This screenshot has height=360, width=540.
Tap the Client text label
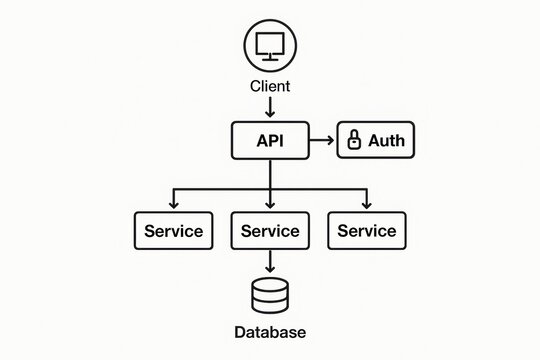click(x=270, y=86)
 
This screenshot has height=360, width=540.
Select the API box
click(x=270, y=141)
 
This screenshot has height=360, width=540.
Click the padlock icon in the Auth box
click(x=353, y=141)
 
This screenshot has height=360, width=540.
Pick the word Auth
click(x=386, y=141)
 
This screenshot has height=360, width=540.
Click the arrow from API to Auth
click(x=320, y=141)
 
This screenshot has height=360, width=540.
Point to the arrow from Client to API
click(x=270, y=106)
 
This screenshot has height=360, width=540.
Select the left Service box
click(x=173, y=231)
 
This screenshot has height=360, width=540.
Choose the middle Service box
click(x=270, y=231)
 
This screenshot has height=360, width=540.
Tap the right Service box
click(x=367, y=231)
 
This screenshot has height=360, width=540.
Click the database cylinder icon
click(x=270, y=296)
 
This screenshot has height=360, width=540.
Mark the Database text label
click(x=270, y=332)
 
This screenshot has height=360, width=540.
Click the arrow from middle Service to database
click(x=270, y=262)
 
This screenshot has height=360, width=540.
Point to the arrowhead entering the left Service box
click(x=173, y=205)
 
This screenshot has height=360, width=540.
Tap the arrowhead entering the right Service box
click(x=367, y=205)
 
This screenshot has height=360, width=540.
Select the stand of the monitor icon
click(x=270, y=58)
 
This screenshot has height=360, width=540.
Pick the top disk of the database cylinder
click(x=270, y=285)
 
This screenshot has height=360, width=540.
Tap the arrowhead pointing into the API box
click(x=270, y=116)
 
